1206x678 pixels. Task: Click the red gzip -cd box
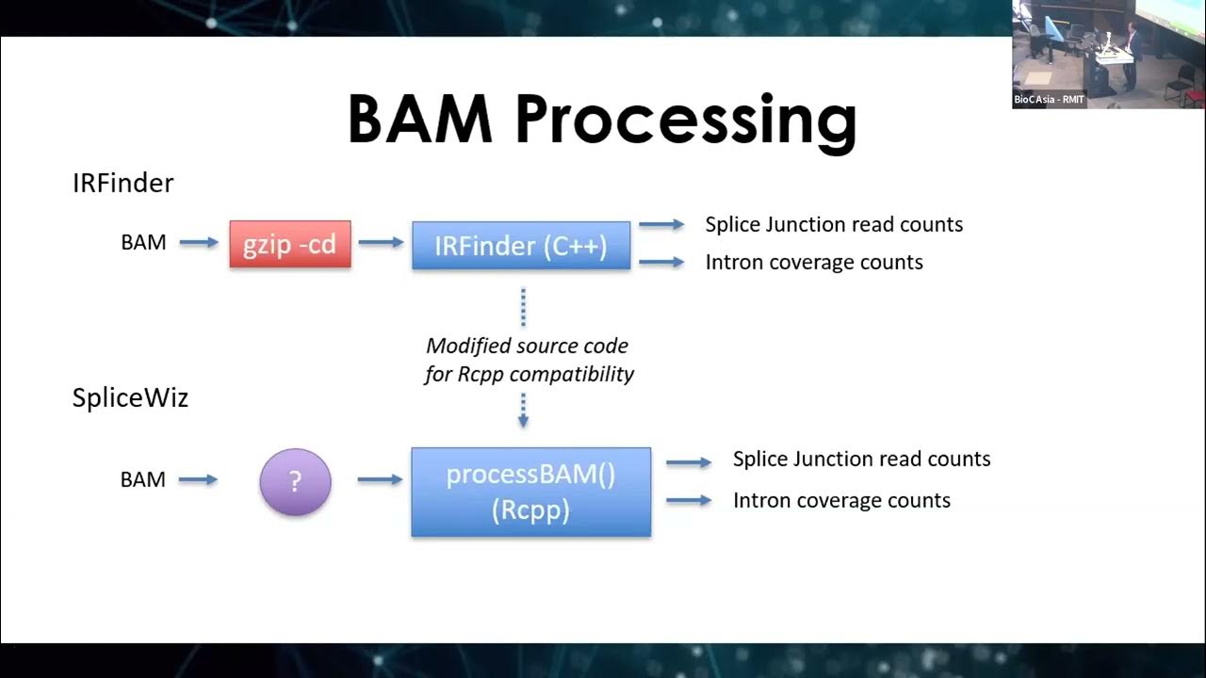click(290, 245)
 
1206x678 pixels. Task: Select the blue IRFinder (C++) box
click(521, 246)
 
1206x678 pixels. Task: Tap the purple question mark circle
click(295, 481)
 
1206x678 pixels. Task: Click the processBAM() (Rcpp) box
click(530, 492)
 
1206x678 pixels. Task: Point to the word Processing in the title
click(686, 121)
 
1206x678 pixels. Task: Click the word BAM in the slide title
click(420, 121)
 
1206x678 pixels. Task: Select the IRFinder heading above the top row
click(122, 183)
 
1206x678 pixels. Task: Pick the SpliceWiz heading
click(130, 397)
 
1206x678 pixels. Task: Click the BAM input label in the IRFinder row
click(143, 243)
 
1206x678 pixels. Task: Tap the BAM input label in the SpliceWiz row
click(143, 479)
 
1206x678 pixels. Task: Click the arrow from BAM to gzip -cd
click(198, 243)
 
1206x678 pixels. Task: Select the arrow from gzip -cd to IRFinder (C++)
click(381, 243)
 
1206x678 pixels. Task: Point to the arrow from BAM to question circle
click(198, 480)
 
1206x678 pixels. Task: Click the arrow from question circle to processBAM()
click(381, 480)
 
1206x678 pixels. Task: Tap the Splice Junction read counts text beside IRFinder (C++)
click(834, 224)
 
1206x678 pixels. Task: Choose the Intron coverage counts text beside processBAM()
click(841, 500)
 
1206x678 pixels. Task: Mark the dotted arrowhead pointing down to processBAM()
click(523, 421)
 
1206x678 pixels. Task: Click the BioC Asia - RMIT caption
click(1049, 100)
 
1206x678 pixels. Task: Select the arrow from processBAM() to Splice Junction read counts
click(689, 462)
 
